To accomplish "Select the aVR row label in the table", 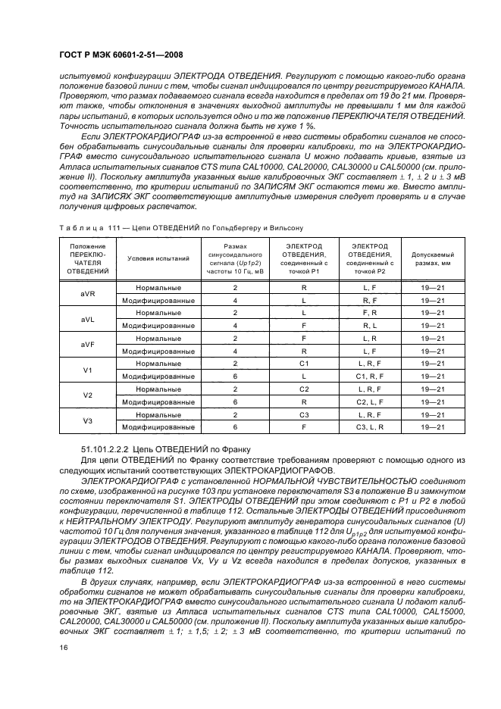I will coord(87,295).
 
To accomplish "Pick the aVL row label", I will coord(87,320).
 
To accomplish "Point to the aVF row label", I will coord(87,345).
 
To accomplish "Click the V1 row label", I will coord(87,370).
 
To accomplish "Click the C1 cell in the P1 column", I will coord(303,364).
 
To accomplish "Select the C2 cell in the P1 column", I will coord(303,389).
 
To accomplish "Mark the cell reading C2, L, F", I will coord(370,401).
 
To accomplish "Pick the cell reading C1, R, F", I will coord(370,376).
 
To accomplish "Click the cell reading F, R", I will coord(370,313).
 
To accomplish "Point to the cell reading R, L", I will coord(370,326).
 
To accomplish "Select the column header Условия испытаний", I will coord(158,258).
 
